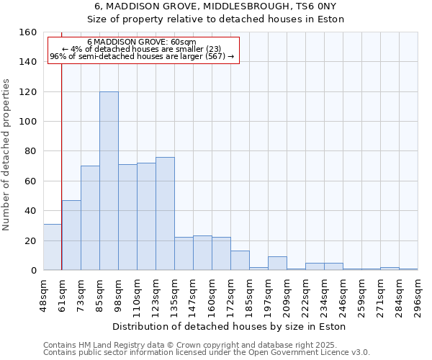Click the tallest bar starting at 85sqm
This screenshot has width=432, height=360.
point(109,181)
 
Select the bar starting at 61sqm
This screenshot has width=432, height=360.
point(71,235)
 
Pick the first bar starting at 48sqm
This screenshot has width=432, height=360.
point(53,247)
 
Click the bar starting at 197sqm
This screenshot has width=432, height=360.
point(277,263)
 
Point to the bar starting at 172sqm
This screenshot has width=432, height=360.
point(240,260)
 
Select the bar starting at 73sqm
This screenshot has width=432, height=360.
point(90,217)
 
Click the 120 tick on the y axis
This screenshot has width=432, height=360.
point(28,92)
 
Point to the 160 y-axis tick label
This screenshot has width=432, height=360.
point(28,32)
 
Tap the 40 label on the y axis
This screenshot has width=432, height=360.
point(31,211)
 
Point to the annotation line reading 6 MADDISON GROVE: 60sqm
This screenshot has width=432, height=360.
point(141,42)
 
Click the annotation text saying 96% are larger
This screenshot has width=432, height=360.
point(141,56)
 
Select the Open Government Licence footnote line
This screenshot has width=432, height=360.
point(206,353)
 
